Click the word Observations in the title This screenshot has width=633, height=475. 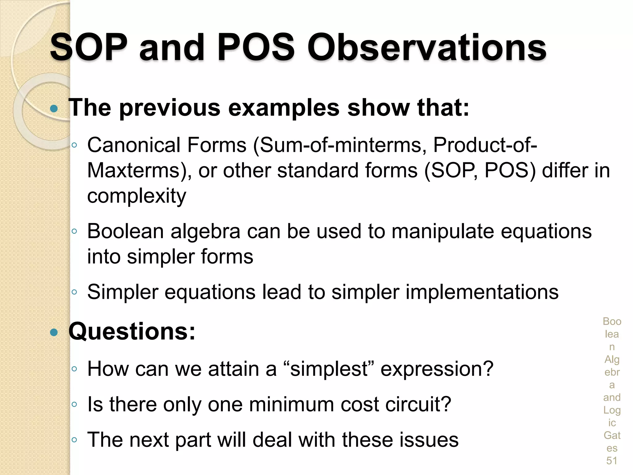tap(427, 48)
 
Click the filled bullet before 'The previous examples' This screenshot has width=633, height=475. tap(54, 108)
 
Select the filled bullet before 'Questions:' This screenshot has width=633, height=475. tap(54, 332)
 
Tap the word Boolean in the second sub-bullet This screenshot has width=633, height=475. tap(125, 231)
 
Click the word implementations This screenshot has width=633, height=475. tap(482, 292)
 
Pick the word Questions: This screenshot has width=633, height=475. tap(132, 332)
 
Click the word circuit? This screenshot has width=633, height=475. tap(418, 404)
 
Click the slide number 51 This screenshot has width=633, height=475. tap(611, 461)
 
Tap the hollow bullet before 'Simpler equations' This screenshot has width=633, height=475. tap(74, 292)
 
